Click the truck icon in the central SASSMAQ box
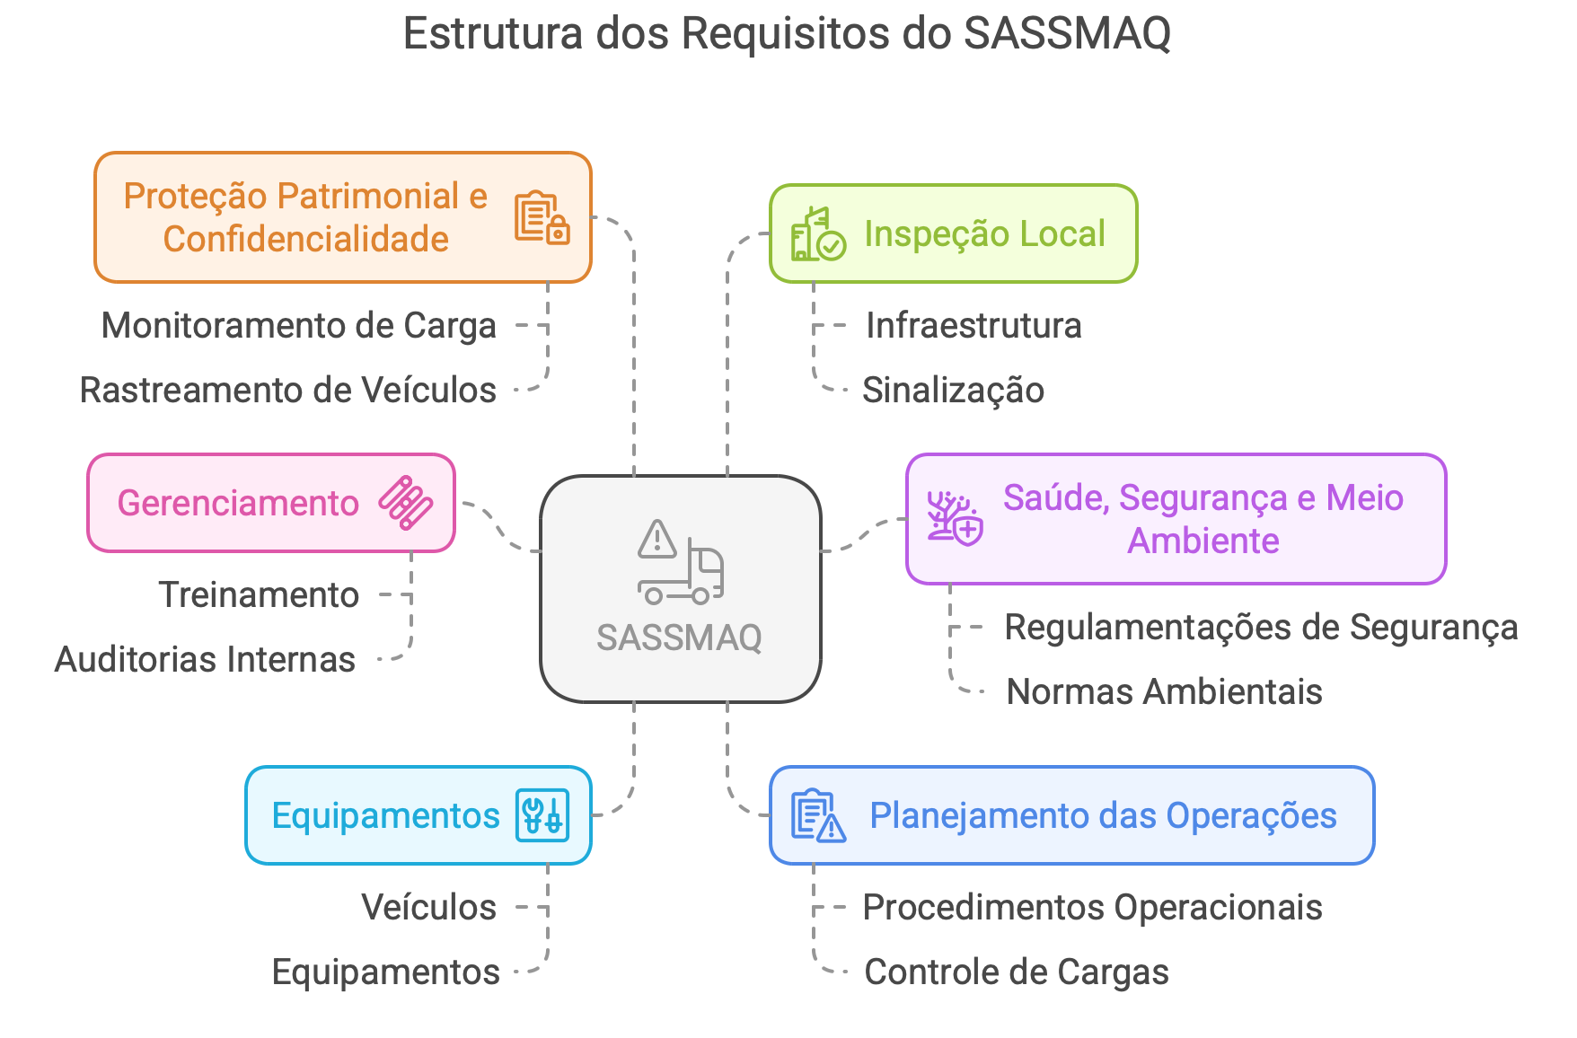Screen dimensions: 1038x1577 pos(680,563)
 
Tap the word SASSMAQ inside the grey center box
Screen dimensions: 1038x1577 pos(679,638)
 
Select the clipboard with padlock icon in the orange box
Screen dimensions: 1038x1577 pos(542,217)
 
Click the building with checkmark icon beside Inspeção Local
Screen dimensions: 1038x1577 pos(817,234)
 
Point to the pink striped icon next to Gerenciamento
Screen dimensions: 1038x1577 pos(406,503)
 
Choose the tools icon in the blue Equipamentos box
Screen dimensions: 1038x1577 pos(542,815)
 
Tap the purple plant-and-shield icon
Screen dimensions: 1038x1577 pos(955,518)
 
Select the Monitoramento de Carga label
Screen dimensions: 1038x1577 pos(299,325)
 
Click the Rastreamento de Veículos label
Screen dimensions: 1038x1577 pos(288,390)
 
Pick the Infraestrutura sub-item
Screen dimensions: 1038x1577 pos(974,325)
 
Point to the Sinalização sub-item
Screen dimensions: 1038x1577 pos(953,390)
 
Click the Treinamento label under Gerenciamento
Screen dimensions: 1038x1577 pos(259,594)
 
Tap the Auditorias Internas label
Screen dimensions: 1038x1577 pos(205,659)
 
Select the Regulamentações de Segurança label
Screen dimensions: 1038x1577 pos(1261,627)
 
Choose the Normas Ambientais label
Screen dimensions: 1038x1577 pos(1164,691)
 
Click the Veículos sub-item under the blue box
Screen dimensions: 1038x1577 pos(428,907)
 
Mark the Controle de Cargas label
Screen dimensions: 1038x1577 pos(1016,972)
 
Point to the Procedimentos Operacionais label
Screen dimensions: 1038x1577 pos(1092,907)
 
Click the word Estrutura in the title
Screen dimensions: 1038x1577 pos(493,34)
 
